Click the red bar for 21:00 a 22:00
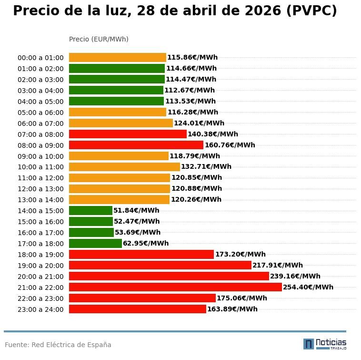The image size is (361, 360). pos(175,287)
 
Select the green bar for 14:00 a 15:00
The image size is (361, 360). pos(90,210)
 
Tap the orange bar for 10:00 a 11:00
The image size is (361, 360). pos(124,167)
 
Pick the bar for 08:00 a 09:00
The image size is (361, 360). pos(136,145)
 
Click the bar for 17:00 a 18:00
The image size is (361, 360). pos(95,243)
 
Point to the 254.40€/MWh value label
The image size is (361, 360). pos(308,287)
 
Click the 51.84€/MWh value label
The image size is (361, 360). pos(136,210)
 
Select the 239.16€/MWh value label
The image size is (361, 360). pos(295,276)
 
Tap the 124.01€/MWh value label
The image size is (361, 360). pos(199,123)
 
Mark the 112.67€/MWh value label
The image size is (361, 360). pos(190,90)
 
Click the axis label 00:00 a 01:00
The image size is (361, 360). pos(40,58)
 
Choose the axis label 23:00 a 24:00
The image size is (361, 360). pos(40,309)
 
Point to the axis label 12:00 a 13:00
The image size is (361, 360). pos(40,189)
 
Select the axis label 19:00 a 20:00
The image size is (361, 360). pos(40,266)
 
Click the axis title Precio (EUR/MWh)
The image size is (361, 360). pos(99,39)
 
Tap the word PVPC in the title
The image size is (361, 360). pos(311,11)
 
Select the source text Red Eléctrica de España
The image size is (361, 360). pos(71,345)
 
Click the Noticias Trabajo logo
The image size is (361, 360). pos(325,344)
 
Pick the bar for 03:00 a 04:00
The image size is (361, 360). pos(116,90)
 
